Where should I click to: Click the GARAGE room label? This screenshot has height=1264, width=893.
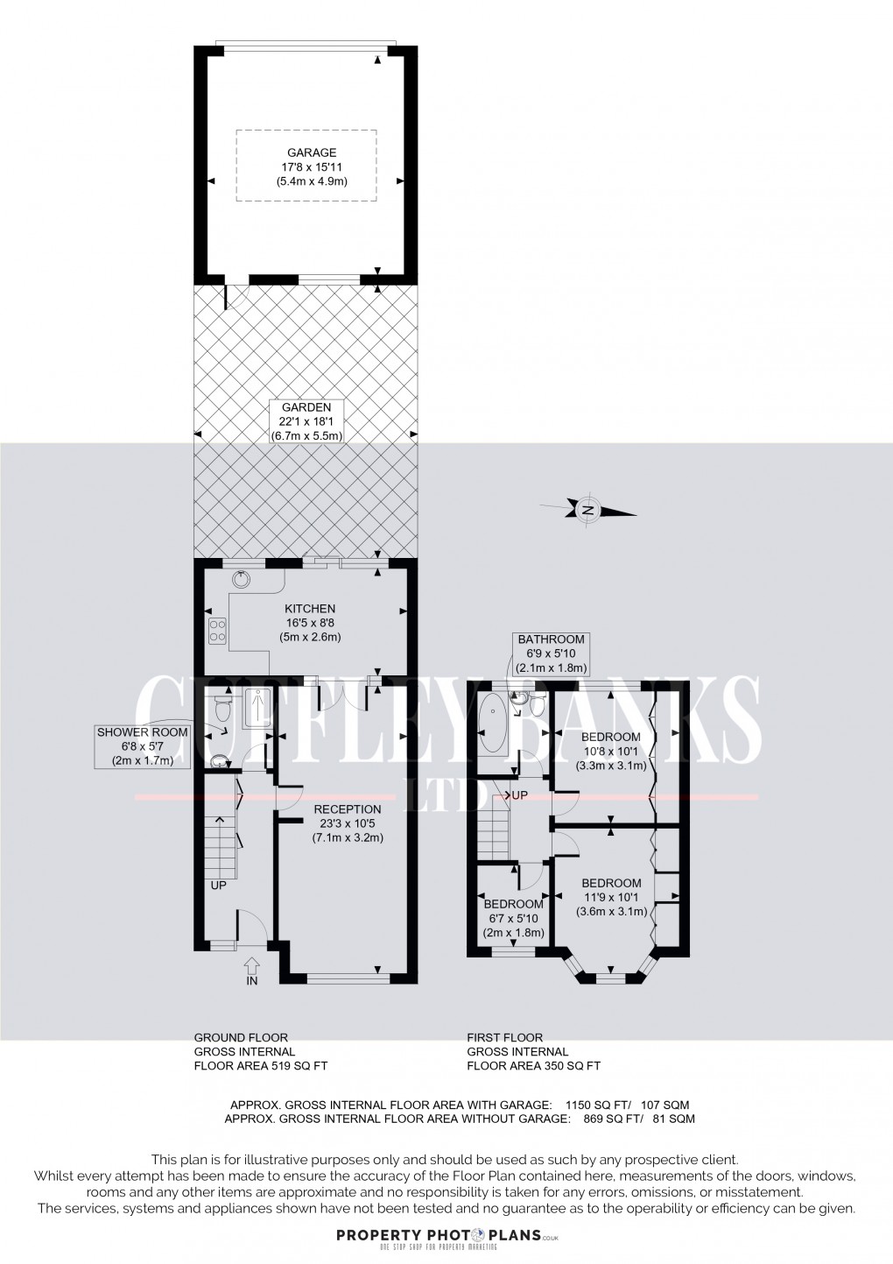click(x=306, y=152)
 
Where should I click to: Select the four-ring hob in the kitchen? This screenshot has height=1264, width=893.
click(x=217, y=631)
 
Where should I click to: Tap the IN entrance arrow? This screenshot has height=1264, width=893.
click(x=252, y=967)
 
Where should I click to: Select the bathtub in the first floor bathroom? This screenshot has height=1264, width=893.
click(x=492, y=725)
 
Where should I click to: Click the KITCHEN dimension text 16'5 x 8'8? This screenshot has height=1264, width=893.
click(x=309, y=623)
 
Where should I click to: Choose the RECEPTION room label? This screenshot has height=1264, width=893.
click(x=348, y=809)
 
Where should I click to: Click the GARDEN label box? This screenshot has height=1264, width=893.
click(x=306, y=421)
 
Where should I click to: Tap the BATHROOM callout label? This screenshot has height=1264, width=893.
click(x=550, y=653)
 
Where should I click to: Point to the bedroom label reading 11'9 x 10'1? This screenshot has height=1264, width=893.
click(x=611, y=897)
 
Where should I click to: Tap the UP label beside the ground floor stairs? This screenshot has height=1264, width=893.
click(x=218, y=886)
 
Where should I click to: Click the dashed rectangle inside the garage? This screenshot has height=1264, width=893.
click(x=306, y=166)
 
